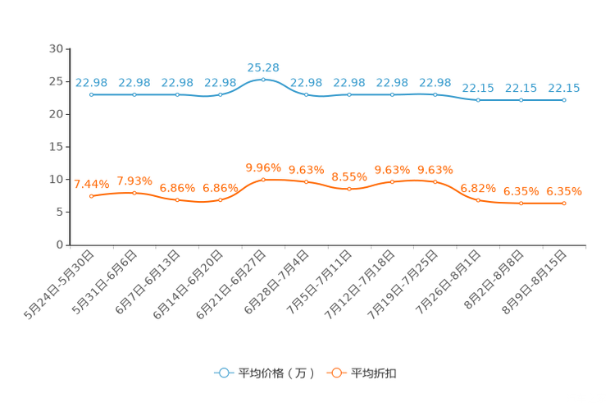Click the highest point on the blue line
point(263,79)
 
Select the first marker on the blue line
point(91,94)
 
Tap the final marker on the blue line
point(564,99)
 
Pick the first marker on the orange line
point(91,195)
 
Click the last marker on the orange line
point(564,203)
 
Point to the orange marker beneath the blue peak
point(263,179)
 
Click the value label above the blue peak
point(263,66)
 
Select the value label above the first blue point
point(91,82)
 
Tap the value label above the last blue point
point(564,87)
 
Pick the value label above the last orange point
point(564,190)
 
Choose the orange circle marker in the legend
point(336,373)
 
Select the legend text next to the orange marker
point(376,373)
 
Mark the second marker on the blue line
point(134,94)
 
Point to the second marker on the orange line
point(134,192)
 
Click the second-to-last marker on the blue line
point(521,99)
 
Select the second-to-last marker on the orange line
point(521,203)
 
